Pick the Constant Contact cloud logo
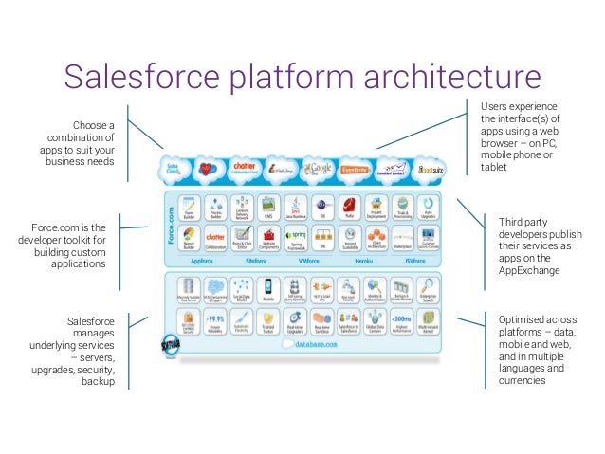pos(389,171)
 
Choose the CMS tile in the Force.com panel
pos(267,206)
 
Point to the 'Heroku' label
pos(364,258)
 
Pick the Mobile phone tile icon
pos(267,287)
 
